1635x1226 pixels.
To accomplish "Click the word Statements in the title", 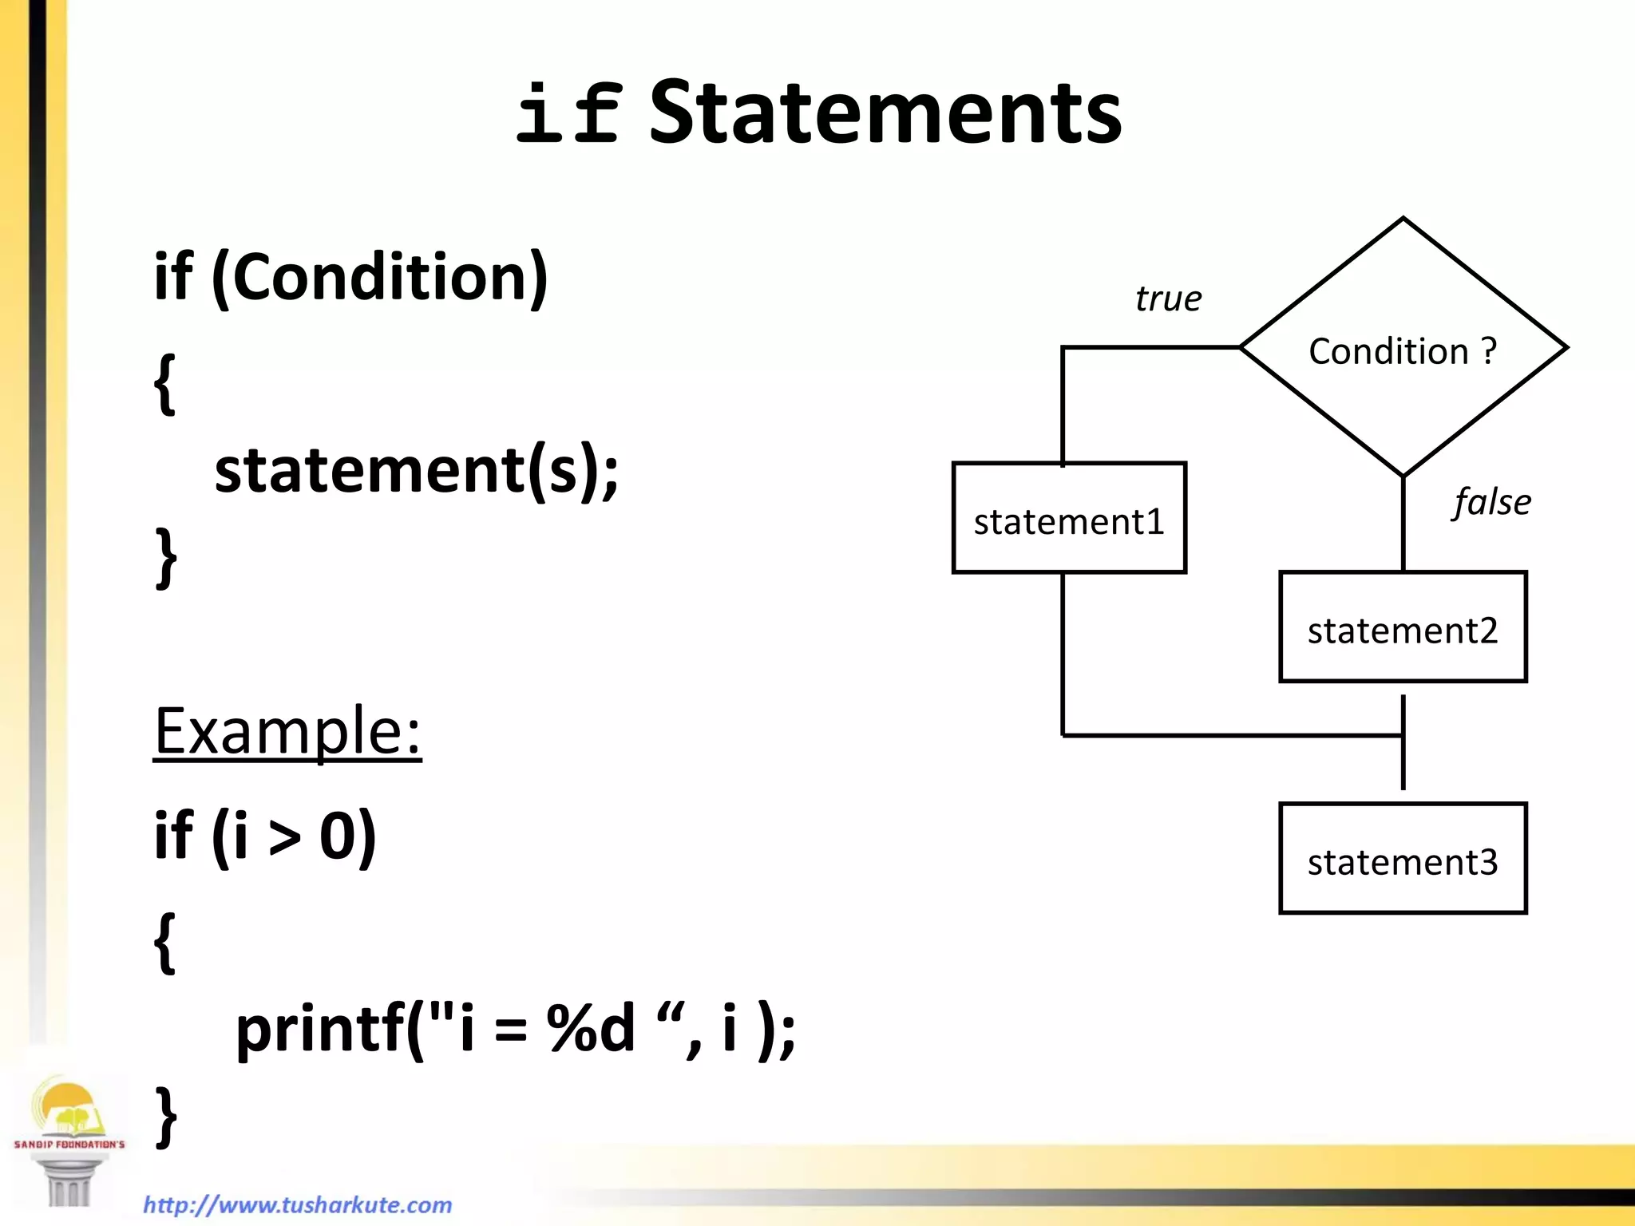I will pyautogui.click(x=885, y=114).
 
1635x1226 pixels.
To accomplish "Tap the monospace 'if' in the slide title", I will pyautogui.click(x=568, y=114).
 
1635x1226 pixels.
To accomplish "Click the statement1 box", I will pyautogui.click(x=1069, y=518).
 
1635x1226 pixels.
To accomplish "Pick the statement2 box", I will pyautogui.click(x=1403, y=627).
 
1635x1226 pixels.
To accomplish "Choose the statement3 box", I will pyautogui.click(x=1403, y=859).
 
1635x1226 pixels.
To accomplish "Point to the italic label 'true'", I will pyautogui.click(x=1168, y=299).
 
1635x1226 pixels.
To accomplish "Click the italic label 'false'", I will pyautogui.click(x=1491, y=502).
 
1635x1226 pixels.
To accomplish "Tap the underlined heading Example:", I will pyautogui.click(x=287, y=730).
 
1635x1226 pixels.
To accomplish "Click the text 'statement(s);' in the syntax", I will pyautogui.click(x=416, y=470).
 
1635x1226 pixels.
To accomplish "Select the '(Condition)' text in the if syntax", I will pyautogui.click(x=380, y=277).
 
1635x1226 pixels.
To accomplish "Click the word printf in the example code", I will pyautogui.click(x=320, y=1029).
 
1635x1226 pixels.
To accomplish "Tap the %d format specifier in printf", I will pyautogui.click(x=591, y=1029).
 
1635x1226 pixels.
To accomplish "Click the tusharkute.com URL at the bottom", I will pyautogui.click(x=298, y=1204).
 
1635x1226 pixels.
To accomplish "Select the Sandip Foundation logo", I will pyautogui.click(x=69, y=1137).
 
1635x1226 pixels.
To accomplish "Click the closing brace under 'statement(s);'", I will pyautogui.click(x=165, y=557).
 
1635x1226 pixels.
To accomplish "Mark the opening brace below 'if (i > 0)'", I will pyautogui.click(x=164, y=942).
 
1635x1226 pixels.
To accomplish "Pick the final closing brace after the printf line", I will pyautogui.click(x=165, y=1116).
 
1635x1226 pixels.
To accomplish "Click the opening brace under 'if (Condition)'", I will pyautogui.click(x=164, y=383).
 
